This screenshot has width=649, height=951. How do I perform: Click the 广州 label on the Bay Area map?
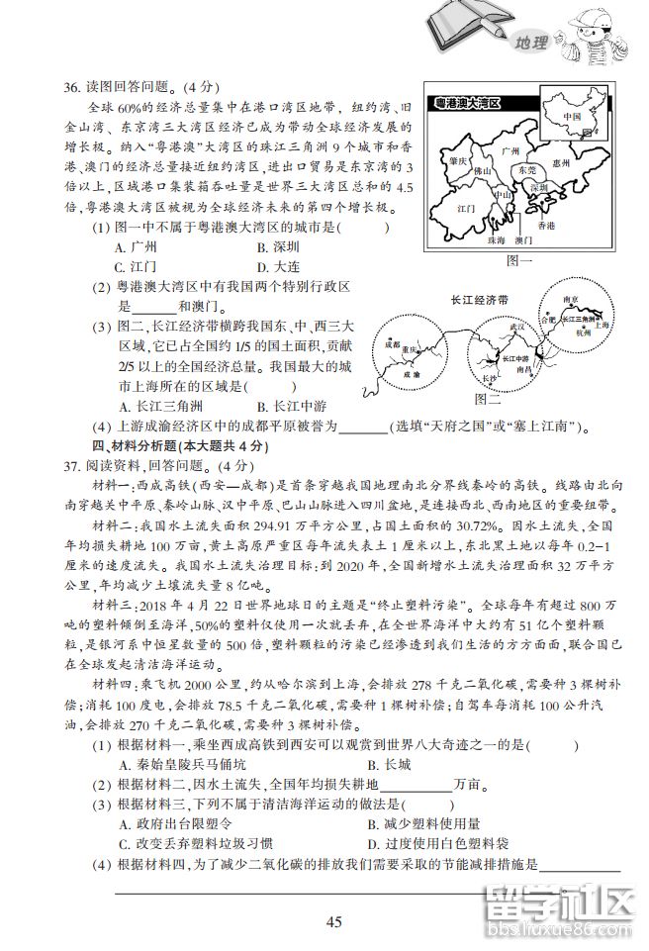coord(510,151)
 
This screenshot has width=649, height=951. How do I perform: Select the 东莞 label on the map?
coord(527,170)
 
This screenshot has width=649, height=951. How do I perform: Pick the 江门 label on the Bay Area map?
coord(467,211)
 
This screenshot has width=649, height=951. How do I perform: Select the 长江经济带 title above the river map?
coord(478,298)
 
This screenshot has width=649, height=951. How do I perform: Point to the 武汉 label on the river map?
coord(515,325)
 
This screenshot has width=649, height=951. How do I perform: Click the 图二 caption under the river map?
coord(489,400)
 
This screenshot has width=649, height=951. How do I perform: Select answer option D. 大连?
coord(277,266)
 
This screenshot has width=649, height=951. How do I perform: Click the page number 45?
coord(333,922)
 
